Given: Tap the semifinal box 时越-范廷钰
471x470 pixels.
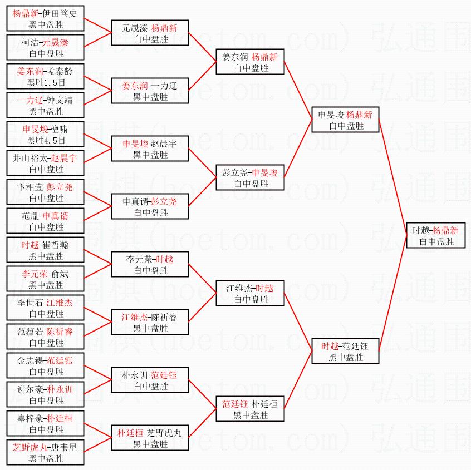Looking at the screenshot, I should pyautogui.click(x=346, y=352).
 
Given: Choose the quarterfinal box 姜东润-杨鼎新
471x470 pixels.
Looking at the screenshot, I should pyautogui.click(x=251, y=62).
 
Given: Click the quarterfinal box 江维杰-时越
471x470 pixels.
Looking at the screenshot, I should pyautogui.click(x=251, y=294).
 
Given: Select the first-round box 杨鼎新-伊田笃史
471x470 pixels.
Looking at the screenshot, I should pyautogui.click(x=46, y=19).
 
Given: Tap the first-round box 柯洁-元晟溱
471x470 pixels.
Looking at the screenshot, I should pyautogui.click(x=46, y=48).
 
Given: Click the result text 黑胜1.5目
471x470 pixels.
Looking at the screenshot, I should pyautogui.click(x=46, y=82).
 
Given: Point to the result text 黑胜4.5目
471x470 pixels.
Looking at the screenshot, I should pyautogui.click(x=46, y=140).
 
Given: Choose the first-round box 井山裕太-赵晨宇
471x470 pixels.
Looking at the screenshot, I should pyautogui.click(x=46, y=164).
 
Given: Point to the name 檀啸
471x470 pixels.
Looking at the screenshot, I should pyautogui.click(x=61, y=128).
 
